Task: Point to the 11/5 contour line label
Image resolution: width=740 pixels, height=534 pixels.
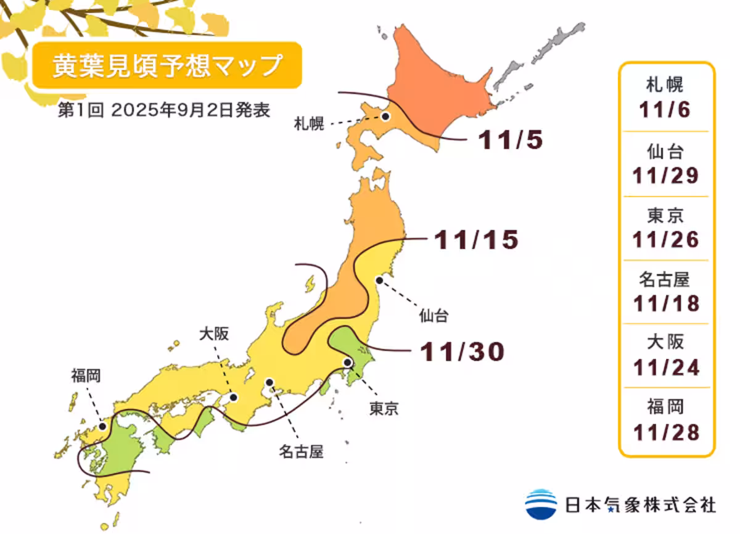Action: pyautogui.click(x=511, y=141)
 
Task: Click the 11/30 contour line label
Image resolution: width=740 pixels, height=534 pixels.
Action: pyautogui.click(x=462, y=351)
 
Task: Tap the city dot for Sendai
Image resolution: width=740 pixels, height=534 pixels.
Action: pyautogui.click(x=379, y=281)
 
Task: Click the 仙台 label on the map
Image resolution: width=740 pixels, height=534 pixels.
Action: pyautogui.click(x=434, y=318)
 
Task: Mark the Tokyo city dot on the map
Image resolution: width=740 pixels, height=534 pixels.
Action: pyautogui.click(x=348, y=363)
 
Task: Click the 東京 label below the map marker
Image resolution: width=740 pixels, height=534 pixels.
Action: pyautogui.click(x=384, y=408)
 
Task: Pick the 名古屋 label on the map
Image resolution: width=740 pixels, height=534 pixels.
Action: pyautogui.click(x=300, y=453)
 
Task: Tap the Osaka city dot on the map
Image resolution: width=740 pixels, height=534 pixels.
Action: pyautogui.click(x=234, y=398)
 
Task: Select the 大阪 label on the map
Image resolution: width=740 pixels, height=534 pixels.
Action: pyautogui.click(x=213, y=334)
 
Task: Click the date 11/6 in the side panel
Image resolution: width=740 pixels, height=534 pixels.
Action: pyautogui.click(x=665, y=110)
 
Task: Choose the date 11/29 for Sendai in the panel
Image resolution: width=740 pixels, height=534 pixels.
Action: pyautogui.click(x=665, y=175)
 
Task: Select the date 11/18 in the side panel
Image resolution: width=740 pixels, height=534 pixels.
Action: pyautogui.click(x=665, y=303)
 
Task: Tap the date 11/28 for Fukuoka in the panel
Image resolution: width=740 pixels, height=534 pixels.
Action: pyautogui.click(x=665, y=432)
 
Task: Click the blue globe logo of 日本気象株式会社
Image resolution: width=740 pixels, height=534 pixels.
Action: pyautogui.click(x=541, y=504)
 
